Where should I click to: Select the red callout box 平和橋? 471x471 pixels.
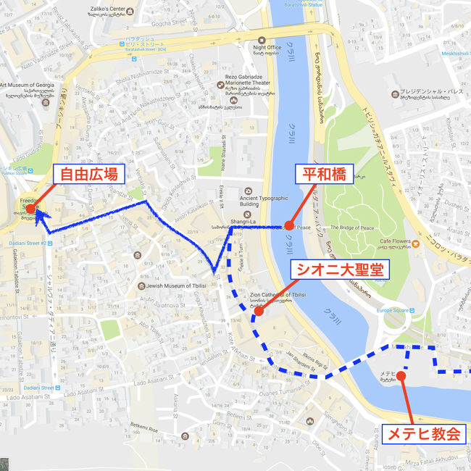point(323,174)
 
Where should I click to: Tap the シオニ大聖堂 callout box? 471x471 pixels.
point(340,270)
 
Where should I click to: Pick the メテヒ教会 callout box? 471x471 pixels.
point(424,434)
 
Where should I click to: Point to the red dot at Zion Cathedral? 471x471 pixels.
point(259,314)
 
